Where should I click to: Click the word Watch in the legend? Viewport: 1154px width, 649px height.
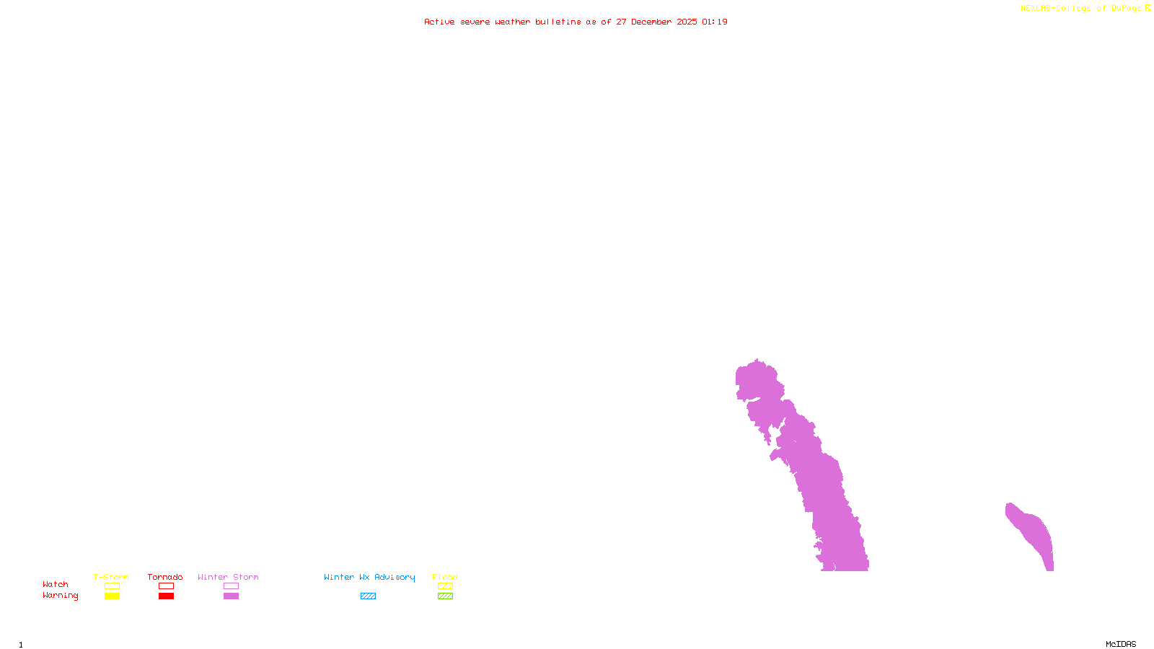pos(56,585)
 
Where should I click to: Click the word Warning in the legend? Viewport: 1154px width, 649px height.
pos(60,596)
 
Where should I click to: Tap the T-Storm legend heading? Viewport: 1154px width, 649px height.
pos(111,577)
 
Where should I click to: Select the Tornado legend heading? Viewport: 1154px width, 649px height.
pos(165,577)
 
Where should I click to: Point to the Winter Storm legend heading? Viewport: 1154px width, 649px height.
pos(228,577)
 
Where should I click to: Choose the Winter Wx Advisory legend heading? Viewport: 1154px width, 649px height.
pos(369,577)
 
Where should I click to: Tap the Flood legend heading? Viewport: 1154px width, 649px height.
pos(445,577)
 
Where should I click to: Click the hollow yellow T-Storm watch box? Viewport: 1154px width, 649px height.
pos(112,586)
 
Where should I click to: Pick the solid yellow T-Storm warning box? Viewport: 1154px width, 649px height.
pos(112,596)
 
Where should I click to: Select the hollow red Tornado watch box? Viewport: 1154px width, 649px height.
pos(166,586)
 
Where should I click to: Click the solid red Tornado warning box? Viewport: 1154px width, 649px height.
pos(166,596)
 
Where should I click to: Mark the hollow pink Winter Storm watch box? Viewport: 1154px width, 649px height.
pos(231,586)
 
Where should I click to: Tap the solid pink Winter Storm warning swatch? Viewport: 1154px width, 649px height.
pos(231,596)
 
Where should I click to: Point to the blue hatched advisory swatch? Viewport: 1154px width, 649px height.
pos(368,596)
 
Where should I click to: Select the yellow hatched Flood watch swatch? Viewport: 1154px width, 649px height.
pos(445,586)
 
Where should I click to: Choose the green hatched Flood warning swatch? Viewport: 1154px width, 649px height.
pos(445,596)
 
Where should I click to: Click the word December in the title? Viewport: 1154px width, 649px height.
pos(651,22)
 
